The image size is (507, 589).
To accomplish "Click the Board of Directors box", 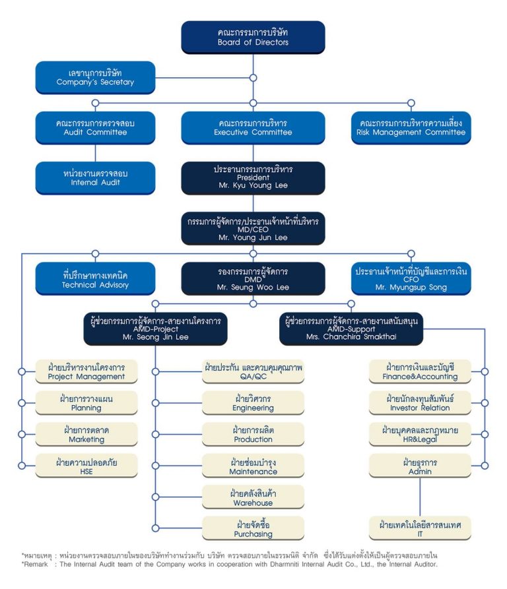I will (253, 37).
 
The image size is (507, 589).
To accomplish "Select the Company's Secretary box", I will (95, 77).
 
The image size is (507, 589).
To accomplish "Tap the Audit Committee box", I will (95, 127).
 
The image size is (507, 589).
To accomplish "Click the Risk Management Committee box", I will (411, 127).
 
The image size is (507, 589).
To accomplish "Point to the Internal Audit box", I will (95, 177).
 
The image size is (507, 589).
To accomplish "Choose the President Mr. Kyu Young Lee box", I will (253, 178).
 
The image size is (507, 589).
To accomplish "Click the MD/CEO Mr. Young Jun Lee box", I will (253, 228).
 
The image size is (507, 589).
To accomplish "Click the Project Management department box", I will (86, 371).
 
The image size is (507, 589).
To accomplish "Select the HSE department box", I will (86, 466).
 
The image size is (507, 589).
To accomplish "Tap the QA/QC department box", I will (253, 371).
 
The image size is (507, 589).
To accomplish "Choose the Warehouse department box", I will (253, 497).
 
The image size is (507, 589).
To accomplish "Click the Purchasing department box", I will (253, 528).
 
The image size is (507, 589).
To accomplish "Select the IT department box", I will (420, 528).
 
